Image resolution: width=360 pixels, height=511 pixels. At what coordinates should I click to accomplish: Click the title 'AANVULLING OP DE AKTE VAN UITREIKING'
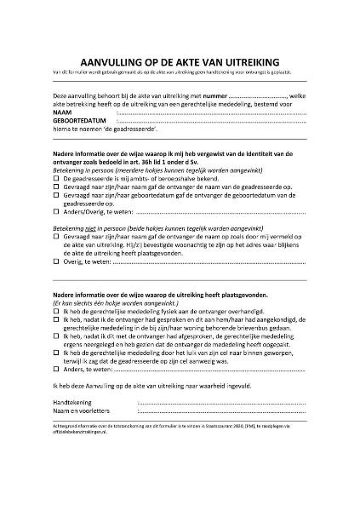point(180,62)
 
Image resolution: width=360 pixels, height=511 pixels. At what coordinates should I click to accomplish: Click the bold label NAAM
point(62,113)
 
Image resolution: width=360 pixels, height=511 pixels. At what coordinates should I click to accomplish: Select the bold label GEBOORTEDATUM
point(81,123)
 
